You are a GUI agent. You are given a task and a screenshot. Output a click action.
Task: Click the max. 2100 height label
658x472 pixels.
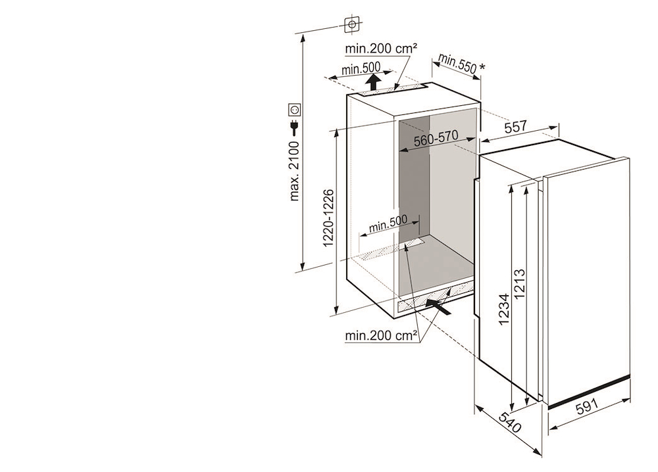click(295, 170)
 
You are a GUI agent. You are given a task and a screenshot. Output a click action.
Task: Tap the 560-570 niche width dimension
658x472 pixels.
click(436, 141)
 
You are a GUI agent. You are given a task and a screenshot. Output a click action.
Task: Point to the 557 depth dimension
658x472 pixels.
click(517, 128)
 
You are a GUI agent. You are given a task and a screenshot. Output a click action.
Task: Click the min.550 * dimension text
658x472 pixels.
click(461, 64)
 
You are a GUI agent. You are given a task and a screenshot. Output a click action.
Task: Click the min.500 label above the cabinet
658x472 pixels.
click(361, 68)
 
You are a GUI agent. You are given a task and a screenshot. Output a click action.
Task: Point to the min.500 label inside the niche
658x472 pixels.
click(388, 225)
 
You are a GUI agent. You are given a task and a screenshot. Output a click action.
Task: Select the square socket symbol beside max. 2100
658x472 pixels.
click(294, 110)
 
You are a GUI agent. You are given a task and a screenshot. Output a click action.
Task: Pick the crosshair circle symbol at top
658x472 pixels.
click(353, 24)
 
